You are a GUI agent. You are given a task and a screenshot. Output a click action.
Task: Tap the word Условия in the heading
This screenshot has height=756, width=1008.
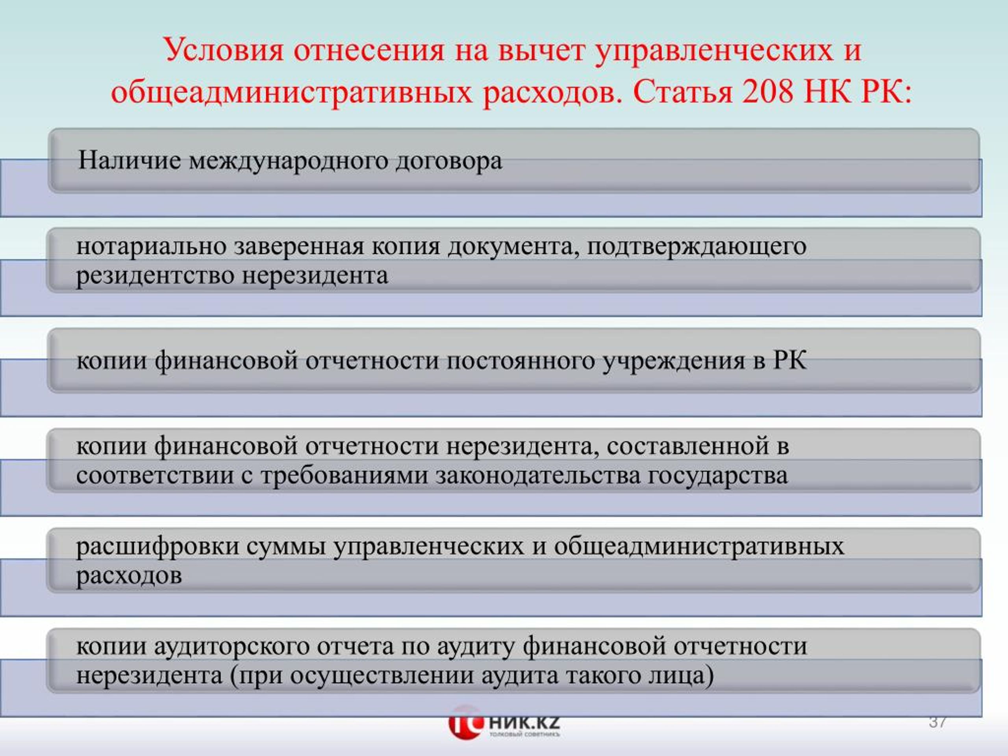tap(223, 50)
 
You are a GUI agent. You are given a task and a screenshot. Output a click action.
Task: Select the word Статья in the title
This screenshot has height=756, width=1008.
tap(682, 92)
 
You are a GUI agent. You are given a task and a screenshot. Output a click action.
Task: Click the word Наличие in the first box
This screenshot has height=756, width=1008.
tap(130, 160)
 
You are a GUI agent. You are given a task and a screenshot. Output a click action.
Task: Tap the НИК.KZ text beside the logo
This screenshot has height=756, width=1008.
tap(524, 722)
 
